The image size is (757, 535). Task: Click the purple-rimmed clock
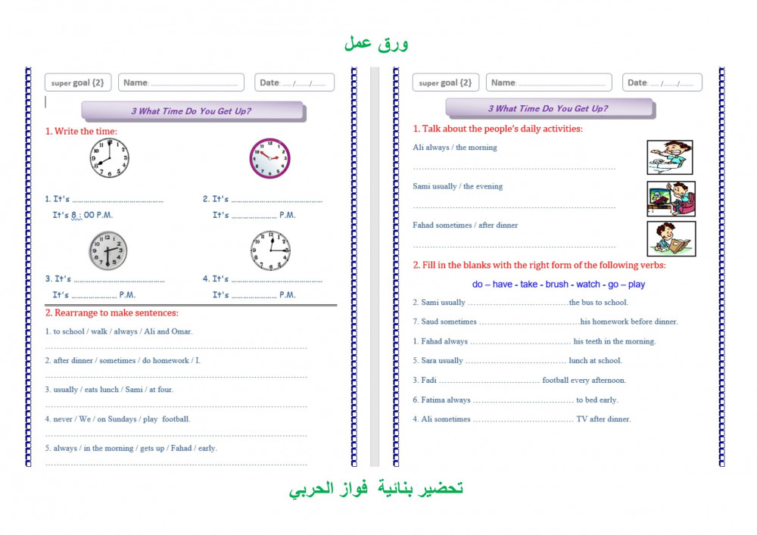coord(270,158)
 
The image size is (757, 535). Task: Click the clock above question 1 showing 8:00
coord(110,157)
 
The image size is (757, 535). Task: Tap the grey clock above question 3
coord(107,250)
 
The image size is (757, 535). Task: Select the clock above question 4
coord(270,250)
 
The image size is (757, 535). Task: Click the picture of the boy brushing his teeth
coord(670,157)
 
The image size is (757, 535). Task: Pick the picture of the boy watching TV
coord(671,198)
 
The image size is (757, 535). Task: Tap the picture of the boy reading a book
coord(671,238)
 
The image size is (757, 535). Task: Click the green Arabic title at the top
coord(376,43)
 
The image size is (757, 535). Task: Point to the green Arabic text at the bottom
coord(376,489)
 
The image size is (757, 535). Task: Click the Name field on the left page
coord(181,82)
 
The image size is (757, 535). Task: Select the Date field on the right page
coord(662,82)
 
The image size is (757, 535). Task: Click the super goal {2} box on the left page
coord(77,82)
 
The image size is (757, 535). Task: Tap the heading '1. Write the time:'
coord(81,131)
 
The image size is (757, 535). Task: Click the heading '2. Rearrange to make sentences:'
coord(111,313)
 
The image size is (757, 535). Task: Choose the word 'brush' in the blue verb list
coord(557,285)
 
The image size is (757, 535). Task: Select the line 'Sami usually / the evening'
coord(457,186)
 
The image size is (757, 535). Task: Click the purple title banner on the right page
coord(548,108)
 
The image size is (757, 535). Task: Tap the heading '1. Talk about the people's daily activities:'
coord(497,129)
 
